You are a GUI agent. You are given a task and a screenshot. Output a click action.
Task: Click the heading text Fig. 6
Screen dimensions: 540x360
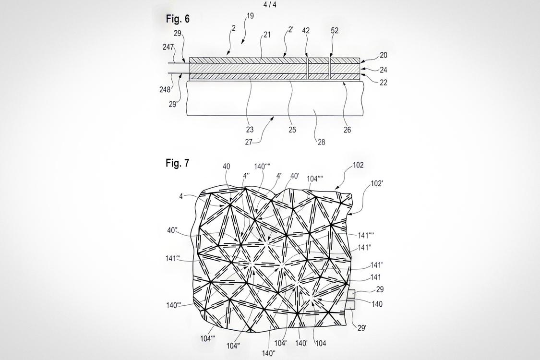(x=178, y=19)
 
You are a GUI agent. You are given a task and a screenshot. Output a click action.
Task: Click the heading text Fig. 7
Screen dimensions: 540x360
(x=177, y=163)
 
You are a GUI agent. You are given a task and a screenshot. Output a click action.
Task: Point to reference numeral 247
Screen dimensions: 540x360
(x=168, y=47)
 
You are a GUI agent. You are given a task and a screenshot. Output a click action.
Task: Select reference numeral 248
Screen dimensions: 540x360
(x=165, y=90)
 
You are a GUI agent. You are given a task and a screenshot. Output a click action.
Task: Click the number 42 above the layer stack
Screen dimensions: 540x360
(x=306, y=31)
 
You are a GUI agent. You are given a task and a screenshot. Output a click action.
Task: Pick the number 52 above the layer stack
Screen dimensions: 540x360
(x=335, y=31)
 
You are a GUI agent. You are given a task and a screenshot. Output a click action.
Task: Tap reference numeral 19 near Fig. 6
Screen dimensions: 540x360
(x=251, y=16)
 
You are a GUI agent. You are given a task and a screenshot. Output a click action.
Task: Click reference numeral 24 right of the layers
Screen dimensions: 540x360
(x=384, y=70)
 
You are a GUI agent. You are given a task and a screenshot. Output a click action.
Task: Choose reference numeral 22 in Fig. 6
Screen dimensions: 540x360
(x=384, y=83)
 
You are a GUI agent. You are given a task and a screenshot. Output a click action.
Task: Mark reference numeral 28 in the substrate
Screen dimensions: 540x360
(x=321, y=142)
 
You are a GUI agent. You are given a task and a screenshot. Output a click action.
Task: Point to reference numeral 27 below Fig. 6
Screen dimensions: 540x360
(x=249, y=142)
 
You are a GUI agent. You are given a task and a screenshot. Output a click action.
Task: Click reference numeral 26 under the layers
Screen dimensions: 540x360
(x=347, y=130)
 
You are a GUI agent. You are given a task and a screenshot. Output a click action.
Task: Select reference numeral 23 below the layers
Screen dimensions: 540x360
(x=250, y=130)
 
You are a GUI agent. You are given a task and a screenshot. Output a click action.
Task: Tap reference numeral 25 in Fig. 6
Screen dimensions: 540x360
(x=292, y=130)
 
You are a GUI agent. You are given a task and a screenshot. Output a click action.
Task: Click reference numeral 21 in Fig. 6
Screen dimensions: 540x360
(x=267, y=35)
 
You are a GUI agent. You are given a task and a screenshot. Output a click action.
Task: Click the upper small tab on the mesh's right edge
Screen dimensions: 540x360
(x=351, y=293)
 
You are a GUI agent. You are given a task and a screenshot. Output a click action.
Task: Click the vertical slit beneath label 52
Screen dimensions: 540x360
(x=330, y=69)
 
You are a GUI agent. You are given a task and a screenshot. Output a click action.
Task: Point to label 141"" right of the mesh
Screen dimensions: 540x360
(x=366, y=235)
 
